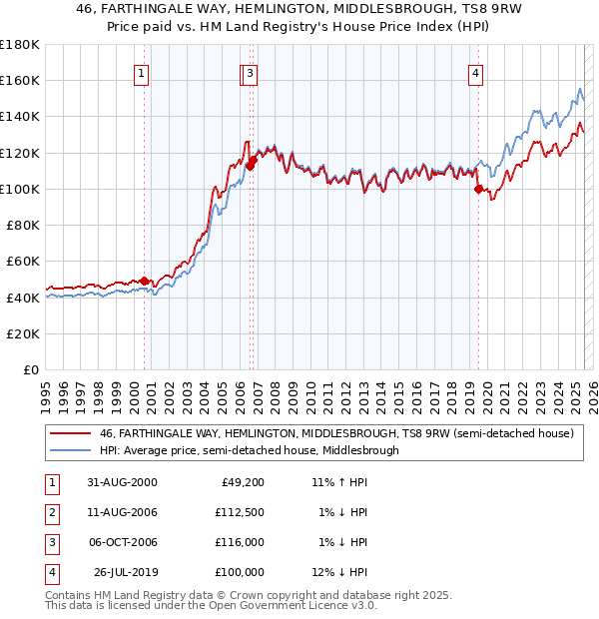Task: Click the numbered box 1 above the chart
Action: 142,73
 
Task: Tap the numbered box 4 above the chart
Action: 476,73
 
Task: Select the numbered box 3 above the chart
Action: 251,73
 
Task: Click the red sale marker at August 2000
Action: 144,281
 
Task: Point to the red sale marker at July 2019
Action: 478,189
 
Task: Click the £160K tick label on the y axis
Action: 20,81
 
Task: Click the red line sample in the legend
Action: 69,433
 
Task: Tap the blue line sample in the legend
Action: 69,450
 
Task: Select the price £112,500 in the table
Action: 240,513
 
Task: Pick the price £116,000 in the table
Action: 240,543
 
